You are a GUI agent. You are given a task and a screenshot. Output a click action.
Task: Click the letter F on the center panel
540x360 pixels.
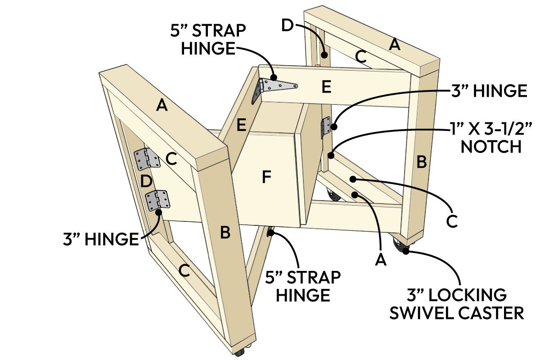pos(267,178)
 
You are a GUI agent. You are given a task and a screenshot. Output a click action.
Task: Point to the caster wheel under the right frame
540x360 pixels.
pos(400,245)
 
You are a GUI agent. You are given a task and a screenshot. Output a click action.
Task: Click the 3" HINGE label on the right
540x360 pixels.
pos(488,91)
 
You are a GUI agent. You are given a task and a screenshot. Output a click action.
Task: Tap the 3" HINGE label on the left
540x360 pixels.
pos(100,238)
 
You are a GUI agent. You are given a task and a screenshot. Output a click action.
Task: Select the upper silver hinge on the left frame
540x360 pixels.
pos(147,158)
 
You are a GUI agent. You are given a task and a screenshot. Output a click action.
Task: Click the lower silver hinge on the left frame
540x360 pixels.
pos(157,200)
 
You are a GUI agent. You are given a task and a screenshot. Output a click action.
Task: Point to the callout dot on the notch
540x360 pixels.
pos(331,156)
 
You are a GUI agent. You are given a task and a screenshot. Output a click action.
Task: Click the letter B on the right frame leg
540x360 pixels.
pos(422,162)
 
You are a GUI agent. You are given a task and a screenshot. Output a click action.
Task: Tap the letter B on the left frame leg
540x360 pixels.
pos(225,233)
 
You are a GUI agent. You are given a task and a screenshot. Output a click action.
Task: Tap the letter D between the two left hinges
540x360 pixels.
pos(145,182)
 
